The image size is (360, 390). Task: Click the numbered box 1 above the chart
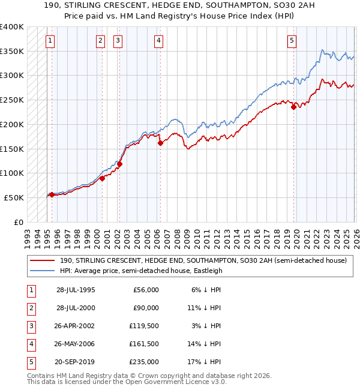tap(49, 41)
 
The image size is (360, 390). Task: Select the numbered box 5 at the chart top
tap(292, 41)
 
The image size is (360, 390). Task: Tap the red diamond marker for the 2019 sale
tap(293, 107)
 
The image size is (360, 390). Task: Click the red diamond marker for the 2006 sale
tap(161, 143)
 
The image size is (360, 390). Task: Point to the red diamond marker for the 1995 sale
tap(52, 194)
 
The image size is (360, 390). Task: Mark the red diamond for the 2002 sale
tap(119, 164)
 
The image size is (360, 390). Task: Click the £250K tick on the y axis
tap(11, 100)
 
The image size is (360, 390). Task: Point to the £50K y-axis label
tap(14, 197)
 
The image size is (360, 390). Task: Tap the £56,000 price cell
tap(146, 289)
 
